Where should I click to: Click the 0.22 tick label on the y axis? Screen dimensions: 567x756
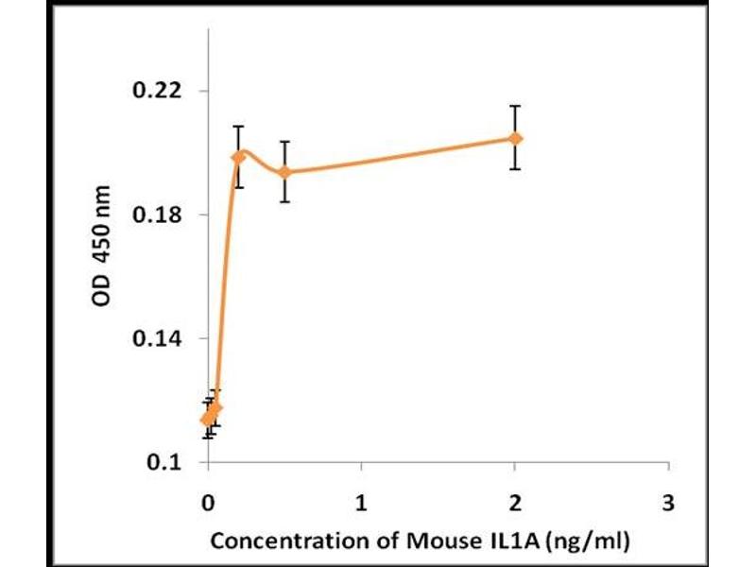coord(162,92)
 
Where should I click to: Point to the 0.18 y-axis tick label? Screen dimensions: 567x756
coord(162,215)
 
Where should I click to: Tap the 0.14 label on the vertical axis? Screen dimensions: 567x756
coord(162,338)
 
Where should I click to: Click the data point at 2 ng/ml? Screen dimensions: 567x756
coord(515,138)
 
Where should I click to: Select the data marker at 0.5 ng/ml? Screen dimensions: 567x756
coord(284,172)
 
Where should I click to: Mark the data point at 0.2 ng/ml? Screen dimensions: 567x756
coord(239,156)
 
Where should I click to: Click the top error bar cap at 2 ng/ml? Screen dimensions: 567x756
coord(515,106)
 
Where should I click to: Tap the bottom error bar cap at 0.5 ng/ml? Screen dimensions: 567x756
coord(284,201)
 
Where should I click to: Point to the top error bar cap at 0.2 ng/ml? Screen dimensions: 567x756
coord(239,126)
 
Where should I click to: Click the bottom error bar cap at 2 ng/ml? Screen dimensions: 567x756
coord(515,169)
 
